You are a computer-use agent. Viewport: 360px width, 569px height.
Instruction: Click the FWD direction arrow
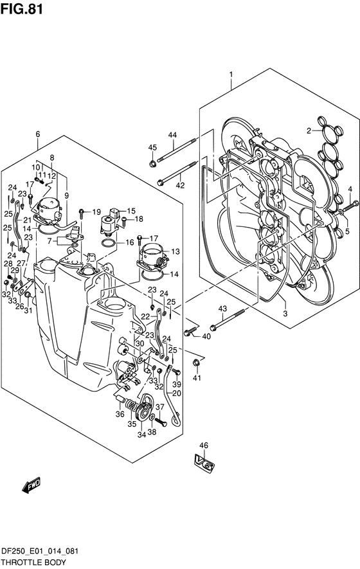click(32, 485)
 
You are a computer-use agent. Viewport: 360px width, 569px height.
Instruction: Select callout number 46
click(204, 446)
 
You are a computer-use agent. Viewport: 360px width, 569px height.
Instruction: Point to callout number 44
click(172, 135)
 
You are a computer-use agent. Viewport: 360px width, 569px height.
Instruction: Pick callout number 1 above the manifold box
click(231, 75)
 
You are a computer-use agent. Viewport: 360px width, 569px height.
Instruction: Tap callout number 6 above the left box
click(38, 134)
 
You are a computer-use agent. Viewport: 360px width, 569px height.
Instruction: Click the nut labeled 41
click(196, 362)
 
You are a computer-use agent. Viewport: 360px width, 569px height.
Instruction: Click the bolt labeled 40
click(190, 331)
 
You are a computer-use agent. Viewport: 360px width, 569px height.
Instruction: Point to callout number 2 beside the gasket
click(309, 131)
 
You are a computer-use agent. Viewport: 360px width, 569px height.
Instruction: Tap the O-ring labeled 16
click(109, 243)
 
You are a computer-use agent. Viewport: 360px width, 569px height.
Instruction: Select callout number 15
click(130, 210)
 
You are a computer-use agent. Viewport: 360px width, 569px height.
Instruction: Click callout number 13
click(175, 251)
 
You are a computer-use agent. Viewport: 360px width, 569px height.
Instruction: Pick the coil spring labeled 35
click(131, 404)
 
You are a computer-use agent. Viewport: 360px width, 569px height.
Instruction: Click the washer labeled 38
click(152, 416)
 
